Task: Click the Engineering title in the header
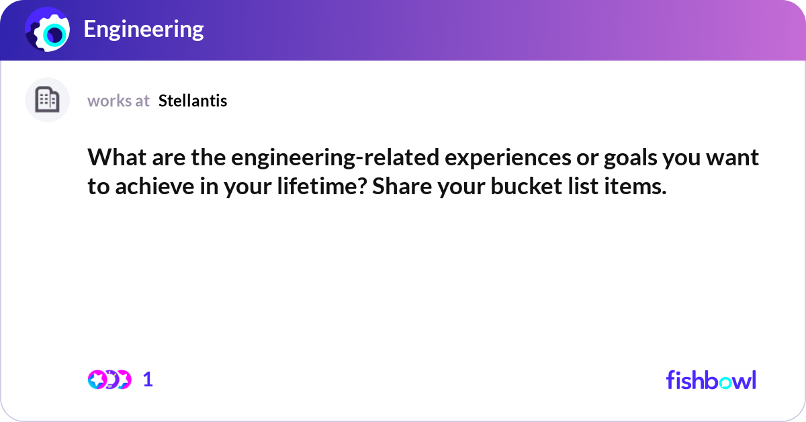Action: click(x=144, y=30)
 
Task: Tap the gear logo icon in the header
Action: click(x=48, y=30)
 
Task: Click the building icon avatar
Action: click(x=47, y=99)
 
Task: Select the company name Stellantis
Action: click(x=193, y=101)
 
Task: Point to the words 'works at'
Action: click(x=118, y=101)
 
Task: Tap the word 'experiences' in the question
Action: click(x=508, y=159)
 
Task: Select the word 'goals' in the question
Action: click(x=631, y=159)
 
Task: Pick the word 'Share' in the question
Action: click(x=402, y=187)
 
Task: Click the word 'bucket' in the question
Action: click(x=526, y=187)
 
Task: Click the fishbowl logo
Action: click(x=711, y=380)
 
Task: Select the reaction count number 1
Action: click(x=148, y=380)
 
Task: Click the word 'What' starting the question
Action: click(x=117, y=158)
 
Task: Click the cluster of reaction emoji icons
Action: click(x=109, y=380)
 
